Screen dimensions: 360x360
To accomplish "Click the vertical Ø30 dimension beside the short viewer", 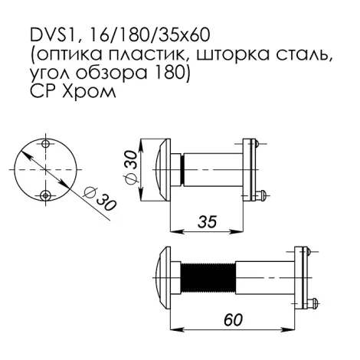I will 130,166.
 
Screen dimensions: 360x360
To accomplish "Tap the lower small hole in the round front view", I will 48,195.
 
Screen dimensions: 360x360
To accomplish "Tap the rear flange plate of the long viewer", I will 300,272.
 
